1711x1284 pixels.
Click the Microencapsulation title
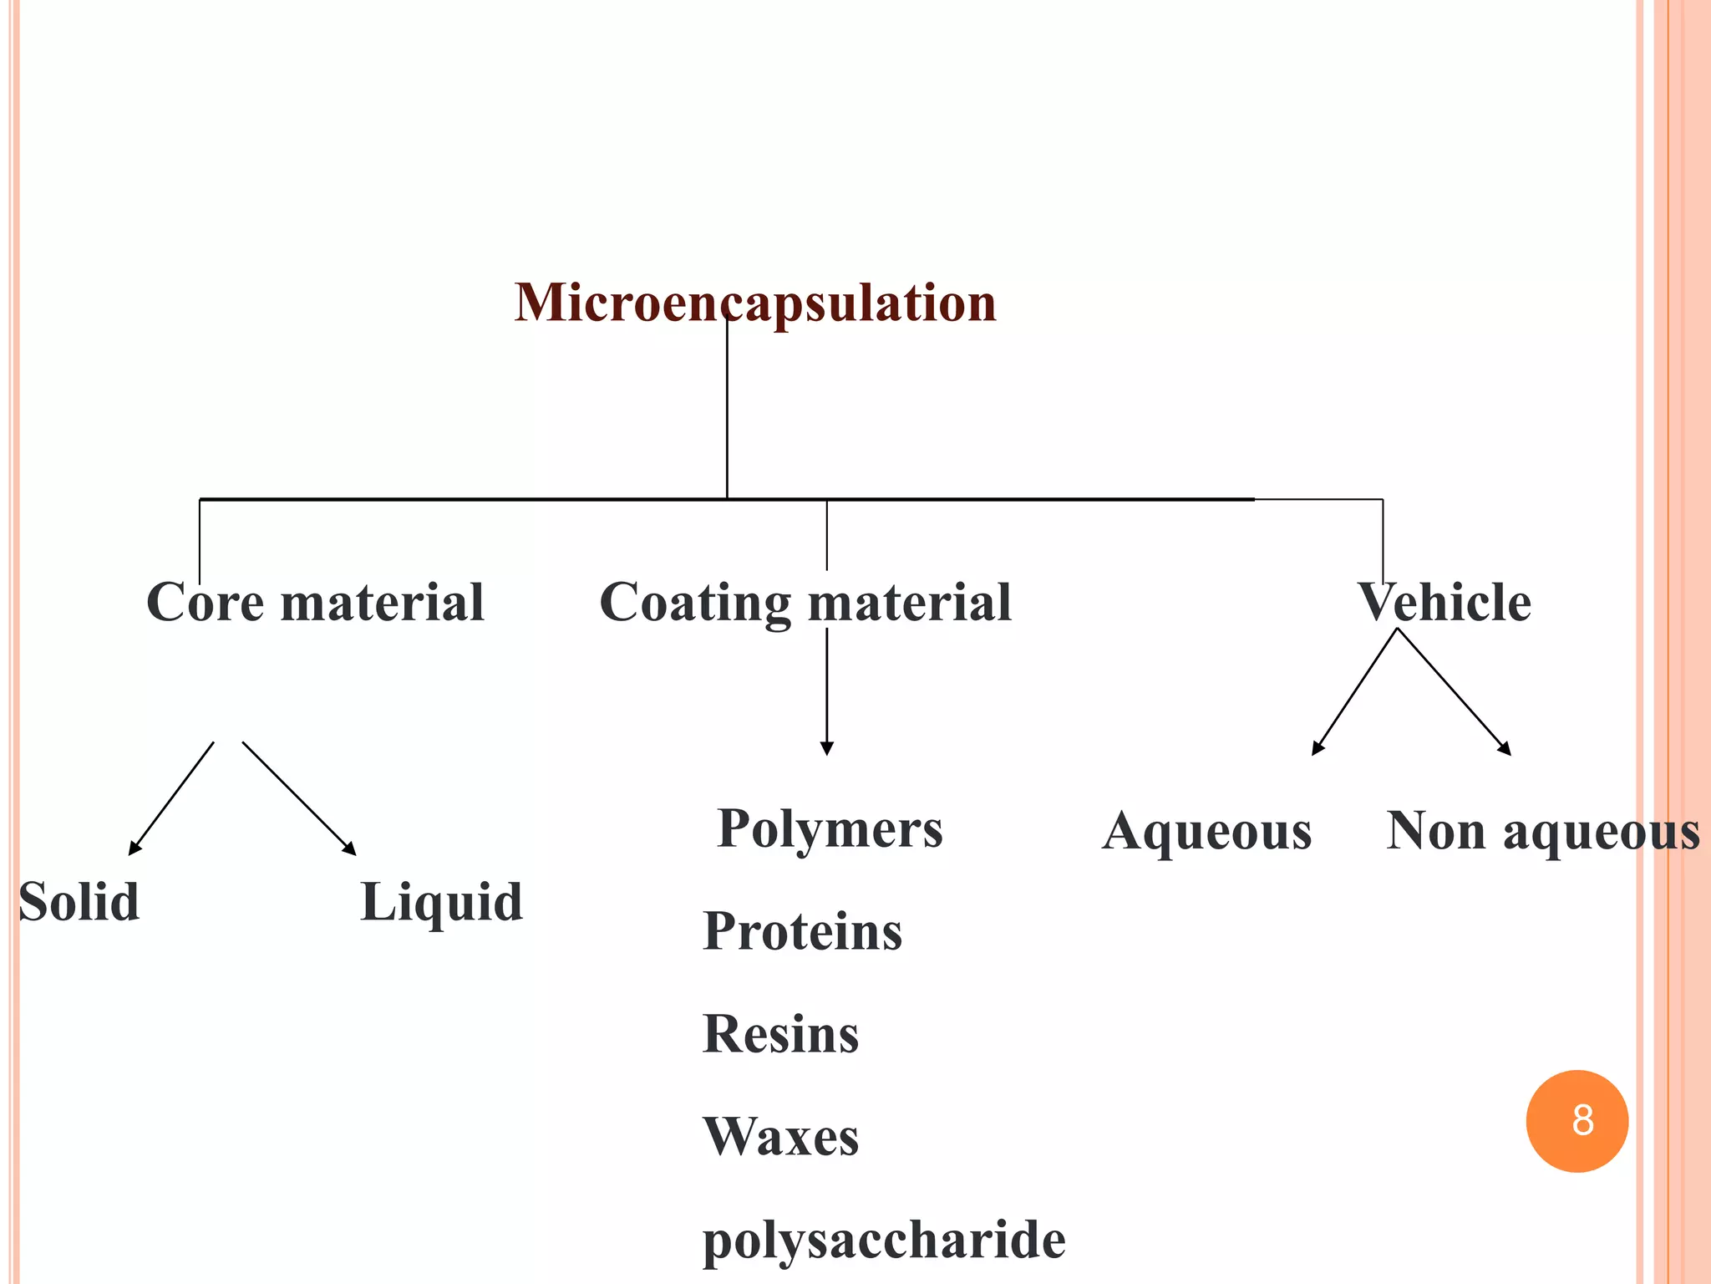point(755,303)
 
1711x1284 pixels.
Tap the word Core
point(206,602)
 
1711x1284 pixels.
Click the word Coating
point(695,604)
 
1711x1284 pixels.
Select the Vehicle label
point(1444,602)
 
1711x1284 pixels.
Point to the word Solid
point(79,902)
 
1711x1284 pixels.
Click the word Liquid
point(441,903)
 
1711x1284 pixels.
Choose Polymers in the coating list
point(830,829)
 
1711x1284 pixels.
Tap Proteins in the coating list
point(802,931)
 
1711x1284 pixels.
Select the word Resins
point(780,1034)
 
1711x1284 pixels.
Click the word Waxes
point(780,1137)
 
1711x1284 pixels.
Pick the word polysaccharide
point(884,1240)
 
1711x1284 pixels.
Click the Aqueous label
point(1206,832)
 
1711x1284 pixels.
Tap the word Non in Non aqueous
point(1435,832)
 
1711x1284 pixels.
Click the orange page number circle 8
point(1576,1121)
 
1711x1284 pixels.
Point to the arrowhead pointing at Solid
point(134,848)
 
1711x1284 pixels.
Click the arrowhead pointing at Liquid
point(350,848)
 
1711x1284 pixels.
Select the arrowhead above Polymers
point(826,748)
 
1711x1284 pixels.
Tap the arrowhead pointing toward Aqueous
point(1318,748)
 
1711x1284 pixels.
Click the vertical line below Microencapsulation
point(727,410)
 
